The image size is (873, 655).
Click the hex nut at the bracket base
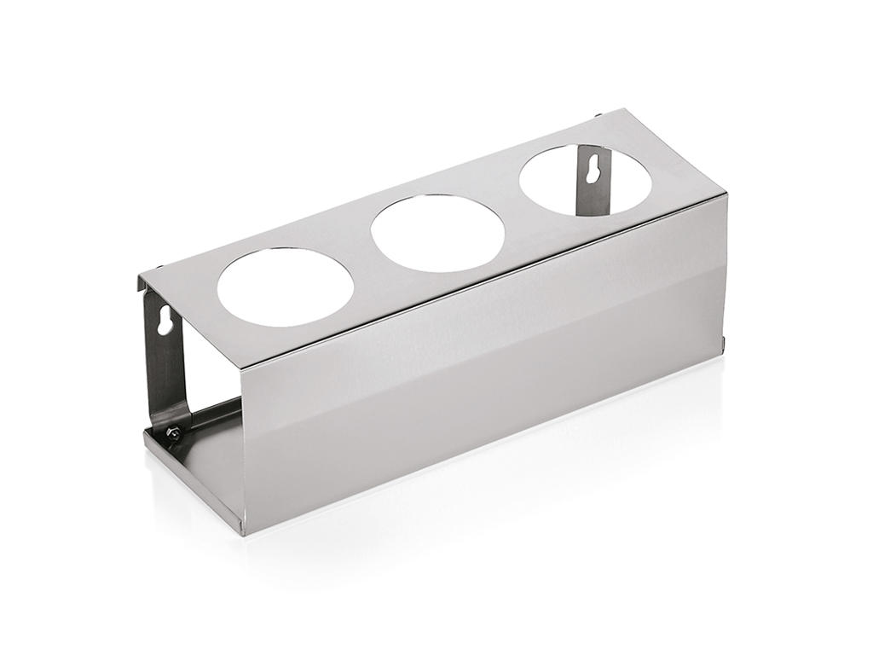point(175,434)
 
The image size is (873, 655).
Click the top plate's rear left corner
point(141,275)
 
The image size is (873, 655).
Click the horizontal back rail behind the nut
point(213,415)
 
